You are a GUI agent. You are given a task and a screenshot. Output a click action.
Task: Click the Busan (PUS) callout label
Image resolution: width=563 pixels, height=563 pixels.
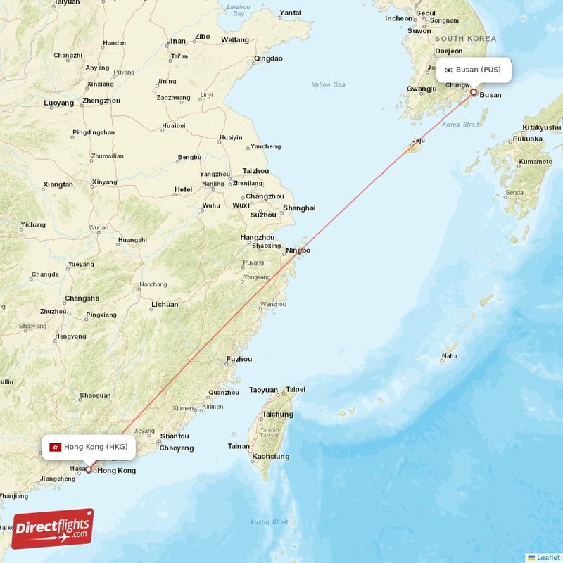[474, 70]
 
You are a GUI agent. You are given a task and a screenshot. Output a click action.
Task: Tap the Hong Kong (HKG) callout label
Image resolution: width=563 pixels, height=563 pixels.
[88, 447]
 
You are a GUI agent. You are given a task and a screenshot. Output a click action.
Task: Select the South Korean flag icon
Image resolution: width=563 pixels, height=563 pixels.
[448, 70]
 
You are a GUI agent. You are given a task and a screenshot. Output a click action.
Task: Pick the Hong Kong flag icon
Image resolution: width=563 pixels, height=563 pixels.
[55, 447]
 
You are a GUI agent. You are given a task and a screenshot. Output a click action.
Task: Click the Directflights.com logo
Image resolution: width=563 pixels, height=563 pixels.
[52, 529]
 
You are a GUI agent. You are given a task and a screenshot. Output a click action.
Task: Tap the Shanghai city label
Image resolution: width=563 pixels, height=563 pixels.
[299, 208]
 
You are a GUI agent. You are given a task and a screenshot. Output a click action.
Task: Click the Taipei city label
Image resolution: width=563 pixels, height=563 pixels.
[296, 389]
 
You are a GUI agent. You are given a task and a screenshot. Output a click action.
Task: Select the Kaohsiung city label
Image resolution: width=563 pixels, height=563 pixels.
[270, 456]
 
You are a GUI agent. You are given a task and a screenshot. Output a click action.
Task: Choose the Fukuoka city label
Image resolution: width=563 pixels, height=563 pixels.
[527, 139]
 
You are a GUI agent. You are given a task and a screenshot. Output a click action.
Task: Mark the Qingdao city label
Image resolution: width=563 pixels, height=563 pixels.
[267, 58]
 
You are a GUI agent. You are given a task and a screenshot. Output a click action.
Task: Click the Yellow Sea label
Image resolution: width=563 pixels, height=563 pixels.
[329, 84]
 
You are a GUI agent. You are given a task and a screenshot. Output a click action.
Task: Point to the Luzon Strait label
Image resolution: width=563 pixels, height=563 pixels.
[270, 521]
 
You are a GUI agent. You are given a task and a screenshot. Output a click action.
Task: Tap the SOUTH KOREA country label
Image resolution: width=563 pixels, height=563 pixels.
[465, 39]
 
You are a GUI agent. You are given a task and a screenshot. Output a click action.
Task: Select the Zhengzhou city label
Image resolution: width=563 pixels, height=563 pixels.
[101, 101]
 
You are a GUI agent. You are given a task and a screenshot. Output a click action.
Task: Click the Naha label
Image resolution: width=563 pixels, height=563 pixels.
[449, 356]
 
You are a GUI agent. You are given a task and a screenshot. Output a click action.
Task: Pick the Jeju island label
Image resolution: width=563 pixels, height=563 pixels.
[419, 140]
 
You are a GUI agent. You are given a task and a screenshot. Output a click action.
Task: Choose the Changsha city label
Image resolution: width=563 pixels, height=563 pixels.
[82, 298]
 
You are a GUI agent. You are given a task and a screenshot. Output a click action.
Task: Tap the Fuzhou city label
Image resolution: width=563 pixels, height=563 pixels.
[239, 359]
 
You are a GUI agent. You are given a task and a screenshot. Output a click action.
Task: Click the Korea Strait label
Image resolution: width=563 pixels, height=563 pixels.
[460, 125]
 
